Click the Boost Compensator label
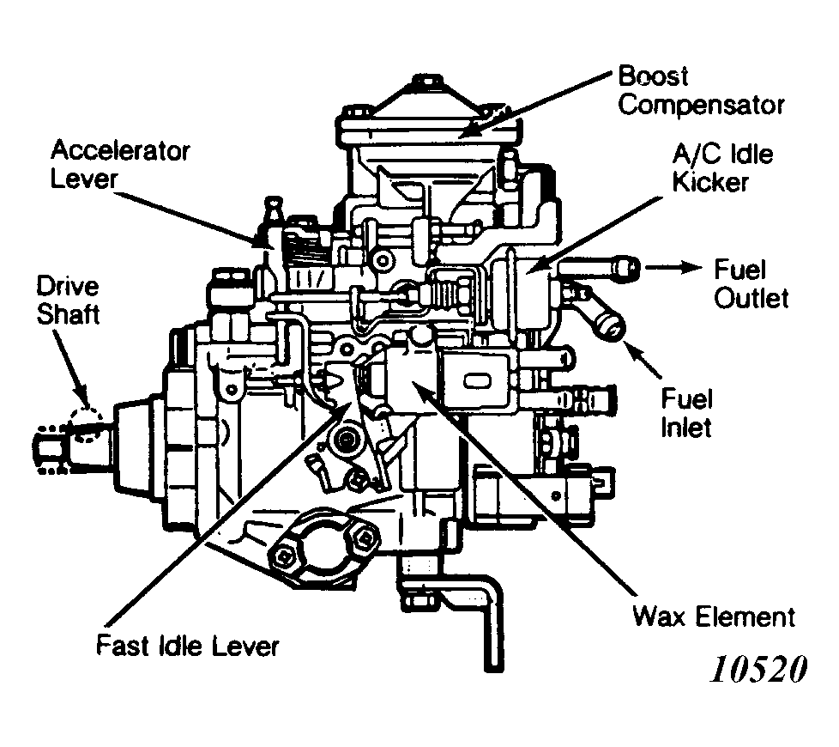click(x=701, y=90)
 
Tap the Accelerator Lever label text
click(x=120, y=164)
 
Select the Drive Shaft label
click(x=67, y=301)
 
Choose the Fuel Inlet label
click(x=686, y=412)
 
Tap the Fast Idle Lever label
click(x=188, y=645)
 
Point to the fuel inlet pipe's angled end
click(x=611, y=325)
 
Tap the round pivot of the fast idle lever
click(x=347, y=440)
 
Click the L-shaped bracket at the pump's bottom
click(x=463, y=601)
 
